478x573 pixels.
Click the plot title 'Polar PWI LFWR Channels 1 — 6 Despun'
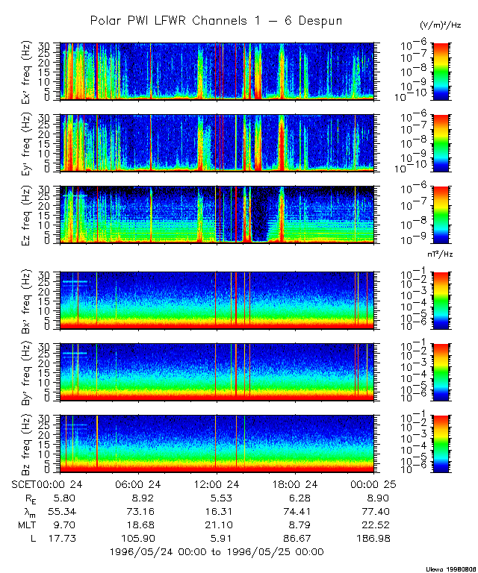[216, 21]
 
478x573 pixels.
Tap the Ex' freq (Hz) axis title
[15, 72]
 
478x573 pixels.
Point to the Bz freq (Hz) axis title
[15, 444]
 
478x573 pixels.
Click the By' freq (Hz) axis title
[15, 372]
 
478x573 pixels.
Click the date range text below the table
[217, 551]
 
